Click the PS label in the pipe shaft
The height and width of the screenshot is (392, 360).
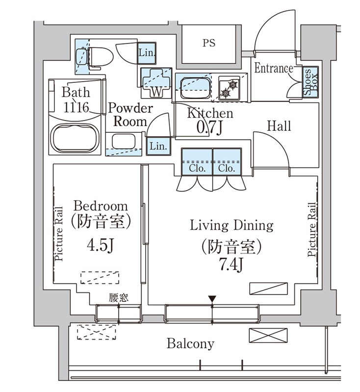pyautogui.click(x=208, y=43)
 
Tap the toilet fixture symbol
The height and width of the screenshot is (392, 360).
pyautogui.click(x=95, y=58)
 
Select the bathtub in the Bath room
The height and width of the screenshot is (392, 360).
pyautogui.click(x=75, y=138)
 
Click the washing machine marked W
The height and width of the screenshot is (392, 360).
pyautogui.click(x=156, y=82)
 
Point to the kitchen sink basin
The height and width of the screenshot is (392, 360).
pyautogui.click(x=195, y=88)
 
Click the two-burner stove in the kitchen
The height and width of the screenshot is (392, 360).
pyautogui.click(x=229, y=89)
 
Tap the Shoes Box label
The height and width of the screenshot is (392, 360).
pyautogui.click(x=310, y=82)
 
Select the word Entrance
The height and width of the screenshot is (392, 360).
pyautogui.click(x=274, y=68)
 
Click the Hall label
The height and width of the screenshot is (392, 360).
pyautogui.click(x=279, y=126)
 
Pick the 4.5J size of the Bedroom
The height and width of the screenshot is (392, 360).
pyautogui.click(x=101, y=245)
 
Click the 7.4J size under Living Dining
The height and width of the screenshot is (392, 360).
pyautogui.click(x=231, y=265)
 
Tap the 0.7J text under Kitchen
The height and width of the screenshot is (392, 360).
pyautogui.click(x=209, y=128)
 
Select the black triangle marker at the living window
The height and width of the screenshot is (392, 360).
pyautogui.click(x=212, y=299)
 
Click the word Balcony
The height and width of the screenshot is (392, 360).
pyautogui.click(x=190, y=344)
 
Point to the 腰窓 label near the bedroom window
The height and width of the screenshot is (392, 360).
pyautogui.click(x=119, y=297)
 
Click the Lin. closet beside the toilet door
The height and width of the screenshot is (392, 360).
pyautogui.click(x=147, y=52)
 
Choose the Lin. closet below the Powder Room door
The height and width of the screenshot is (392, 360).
pyautogui.click(x=158, y=146)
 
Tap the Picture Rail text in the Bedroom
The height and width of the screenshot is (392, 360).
pyautogui.click(x=59, y=234)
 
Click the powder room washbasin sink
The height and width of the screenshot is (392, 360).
pyautogui.click(x=124, y=142)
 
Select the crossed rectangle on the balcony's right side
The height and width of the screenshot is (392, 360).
pyautogui.click(x=268, y=336)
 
